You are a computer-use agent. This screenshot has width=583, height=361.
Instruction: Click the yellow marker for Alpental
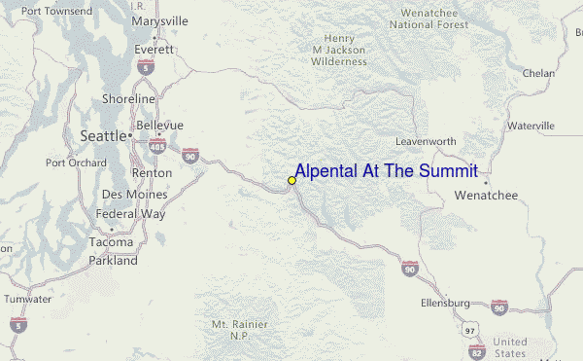tap(291, 180)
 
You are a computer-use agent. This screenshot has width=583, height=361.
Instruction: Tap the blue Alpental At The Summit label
tap(386, 172)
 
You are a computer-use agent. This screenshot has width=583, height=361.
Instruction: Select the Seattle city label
tap(103, 136)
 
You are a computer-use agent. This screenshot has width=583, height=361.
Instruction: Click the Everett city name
tap(154, 48)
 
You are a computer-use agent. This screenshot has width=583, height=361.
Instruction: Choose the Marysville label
tap(159, 20)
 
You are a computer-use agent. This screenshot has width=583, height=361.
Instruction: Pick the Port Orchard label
tap(76, 162)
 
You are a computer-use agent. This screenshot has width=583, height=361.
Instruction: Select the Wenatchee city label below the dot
tap(487, 196)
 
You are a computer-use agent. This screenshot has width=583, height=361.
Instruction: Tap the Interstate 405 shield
tap(156, 145)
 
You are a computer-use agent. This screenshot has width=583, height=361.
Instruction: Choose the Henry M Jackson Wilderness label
tap(339, 50)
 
